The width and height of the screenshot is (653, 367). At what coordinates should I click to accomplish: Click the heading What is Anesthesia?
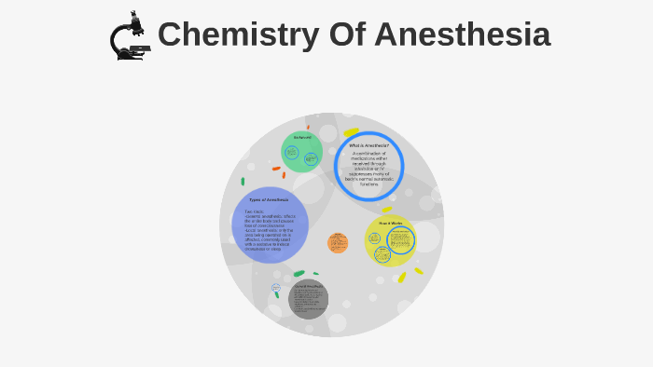[x=368, y=145]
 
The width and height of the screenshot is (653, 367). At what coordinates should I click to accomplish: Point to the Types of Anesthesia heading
[x=269, y=199]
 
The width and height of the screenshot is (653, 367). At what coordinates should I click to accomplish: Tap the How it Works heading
[x=390, y=224]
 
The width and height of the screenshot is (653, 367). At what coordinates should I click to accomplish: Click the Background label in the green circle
[x=302, y=138]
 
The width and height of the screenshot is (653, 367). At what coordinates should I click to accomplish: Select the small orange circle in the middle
[x=338, y=243]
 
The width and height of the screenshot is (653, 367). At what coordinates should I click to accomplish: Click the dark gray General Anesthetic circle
[x=308, y=299]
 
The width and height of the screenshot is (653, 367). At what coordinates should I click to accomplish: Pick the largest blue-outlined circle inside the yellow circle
[x=401, y=240]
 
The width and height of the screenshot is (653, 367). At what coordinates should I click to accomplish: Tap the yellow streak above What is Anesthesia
[x=351, y=132]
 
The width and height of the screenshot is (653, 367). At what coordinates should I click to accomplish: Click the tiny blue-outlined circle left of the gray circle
[x=276, y=289]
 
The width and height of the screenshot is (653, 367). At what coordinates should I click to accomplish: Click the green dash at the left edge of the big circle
[x=243, y=182]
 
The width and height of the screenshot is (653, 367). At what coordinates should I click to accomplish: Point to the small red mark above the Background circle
[x=308, y=127]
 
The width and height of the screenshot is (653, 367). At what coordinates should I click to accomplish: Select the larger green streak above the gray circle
[x=299, y=274]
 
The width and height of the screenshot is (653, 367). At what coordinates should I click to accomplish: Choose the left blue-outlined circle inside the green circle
[x=292, y=154]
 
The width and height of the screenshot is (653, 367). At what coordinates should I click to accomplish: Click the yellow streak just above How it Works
[x=386, y=210]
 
